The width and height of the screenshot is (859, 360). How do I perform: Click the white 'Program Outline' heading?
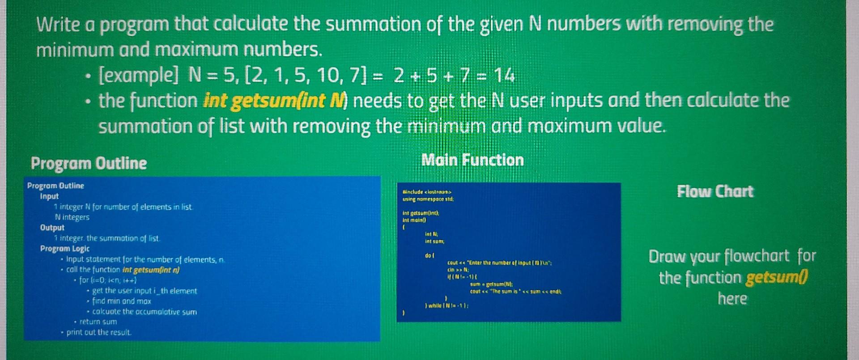tap(89, 163)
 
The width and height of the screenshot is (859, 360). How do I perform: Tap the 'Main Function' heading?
tap(472, 160)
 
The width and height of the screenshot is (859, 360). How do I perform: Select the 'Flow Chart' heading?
tap(715, 191)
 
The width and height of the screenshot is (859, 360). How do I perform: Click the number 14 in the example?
tap(504, 76)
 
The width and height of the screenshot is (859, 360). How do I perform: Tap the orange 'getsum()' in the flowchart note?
tap(777, 278)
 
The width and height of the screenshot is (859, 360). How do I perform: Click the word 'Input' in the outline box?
tap(49, 196)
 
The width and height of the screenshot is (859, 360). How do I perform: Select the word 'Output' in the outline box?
tap(52, 228)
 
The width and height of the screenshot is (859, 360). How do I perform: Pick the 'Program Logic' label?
tap(65, 249)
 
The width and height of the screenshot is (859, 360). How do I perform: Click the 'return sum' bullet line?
tap(98, 322)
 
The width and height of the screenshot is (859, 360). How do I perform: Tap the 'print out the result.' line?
tap(99, 332)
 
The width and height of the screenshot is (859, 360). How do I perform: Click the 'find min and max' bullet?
tap(122, 301)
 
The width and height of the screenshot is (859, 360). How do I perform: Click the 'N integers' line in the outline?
tap(72, 217)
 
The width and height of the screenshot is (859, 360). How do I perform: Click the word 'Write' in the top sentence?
tap(58, 25)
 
